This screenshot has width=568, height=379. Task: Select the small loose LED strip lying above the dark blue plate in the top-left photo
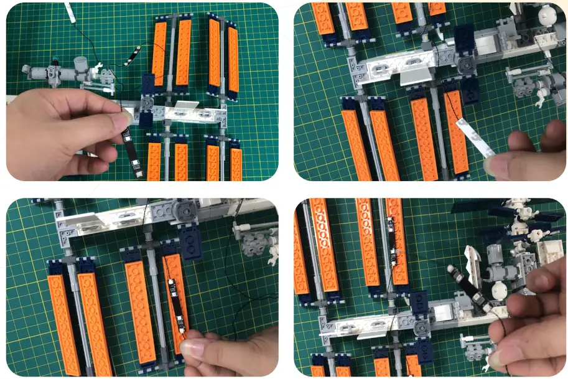pyautogui.click(x=132, y=56)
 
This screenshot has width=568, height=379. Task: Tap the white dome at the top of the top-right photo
pyautogui.click(x=546, y=14)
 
